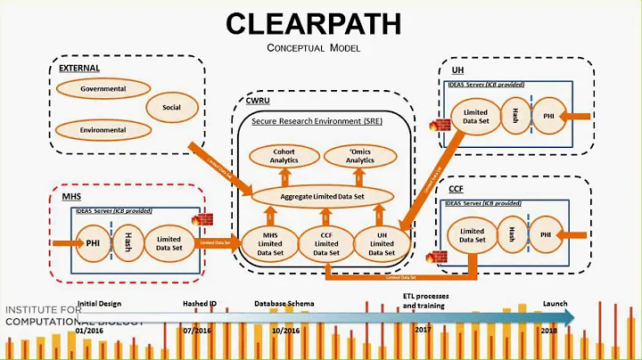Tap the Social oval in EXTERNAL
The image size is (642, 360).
click(x=171, y=107)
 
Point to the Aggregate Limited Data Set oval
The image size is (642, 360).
click(x=325, y=194)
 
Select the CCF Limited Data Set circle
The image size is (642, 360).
click(x=326, y=242)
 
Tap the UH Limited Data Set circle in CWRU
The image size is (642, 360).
click(x=381, y=242)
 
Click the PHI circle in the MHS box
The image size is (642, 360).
click(x=93, y=241)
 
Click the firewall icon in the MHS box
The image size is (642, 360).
click(x=196, y=219)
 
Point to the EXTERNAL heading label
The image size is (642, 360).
click(x=79, y=69)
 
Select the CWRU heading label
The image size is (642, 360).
click(x=259, y=103)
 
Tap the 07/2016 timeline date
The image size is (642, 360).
click(x=198, y=330)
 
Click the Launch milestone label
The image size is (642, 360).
click(x=556, y=304)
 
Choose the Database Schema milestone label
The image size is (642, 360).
click(x=284, y=304)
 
